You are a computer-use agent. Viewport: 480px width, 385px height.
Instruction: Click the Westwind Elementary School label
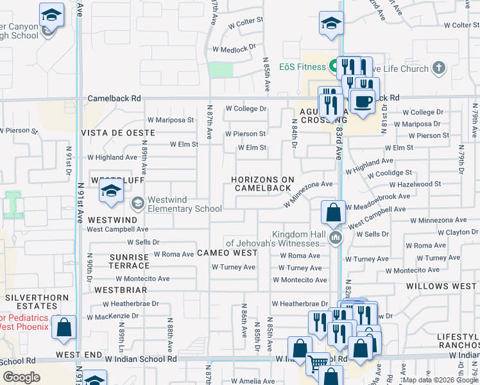click(184, 204)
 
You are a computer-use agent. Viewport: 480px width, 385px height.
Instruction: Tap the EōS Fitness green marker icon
click(333, 65)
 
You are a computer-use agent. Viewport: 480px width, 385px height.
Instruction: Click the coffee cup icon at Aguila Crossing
click(363, 102)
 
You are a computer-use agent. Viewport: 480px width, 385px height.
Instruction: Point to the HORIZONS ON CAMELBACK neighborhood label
click(263, 184)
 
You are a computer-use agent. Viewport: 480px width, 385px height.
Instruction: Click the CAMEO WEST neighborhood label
click(227, 253)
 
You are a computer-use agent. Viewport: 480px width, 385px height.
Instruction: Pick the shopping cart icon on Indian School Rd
click(316, 363)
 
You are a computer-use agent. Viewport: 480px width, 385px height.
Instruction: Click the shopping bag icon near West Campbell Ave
click(334, 213)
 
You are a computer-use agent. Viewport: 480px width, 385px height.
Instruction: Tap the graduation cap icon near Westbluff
click(111, 191)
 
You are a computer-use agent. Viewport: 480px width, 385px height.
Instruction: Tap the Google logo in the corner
click(22, 377)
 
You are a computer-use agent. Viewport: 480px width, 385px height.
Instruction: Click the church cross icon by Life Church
click(438, 67)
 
